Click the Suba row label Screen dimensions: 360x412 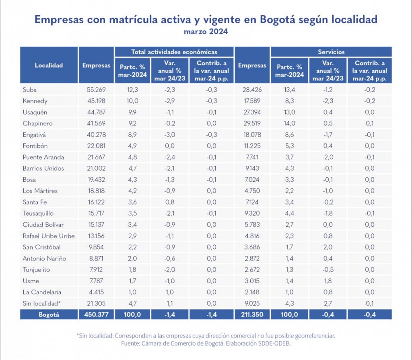(30, 90)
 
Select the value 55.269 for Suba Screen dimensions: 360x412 (96, 90)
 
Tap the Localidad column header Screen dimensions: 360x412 (49, 65)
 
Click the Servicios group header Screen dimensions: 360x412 (331, 52)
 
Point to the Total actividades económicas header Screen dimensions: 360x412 (174, 52)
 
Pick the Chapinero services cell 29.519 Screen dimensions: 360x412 (252, 123)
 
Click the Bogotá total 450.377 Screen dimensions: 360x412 (96, 315)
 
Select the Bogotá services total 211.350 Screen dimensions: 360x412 (252, 315)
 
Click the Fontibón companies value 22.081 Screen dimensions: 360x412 (96, 146)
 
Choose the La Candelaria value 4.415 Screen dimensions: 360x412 (96, 292)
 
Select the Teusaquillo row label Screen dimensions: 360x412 (38, 213)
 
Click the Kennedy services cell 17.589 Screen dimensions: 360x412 (252, 101)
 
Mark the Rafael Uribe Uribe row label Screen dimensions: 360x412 (49, 236)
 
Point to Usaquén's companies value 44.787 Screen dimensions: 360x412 (96, 112)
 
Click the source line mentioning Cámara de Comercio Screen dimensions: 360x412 (206, 344)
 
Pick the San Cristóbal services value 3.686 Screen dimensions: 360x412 (252, 247)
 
